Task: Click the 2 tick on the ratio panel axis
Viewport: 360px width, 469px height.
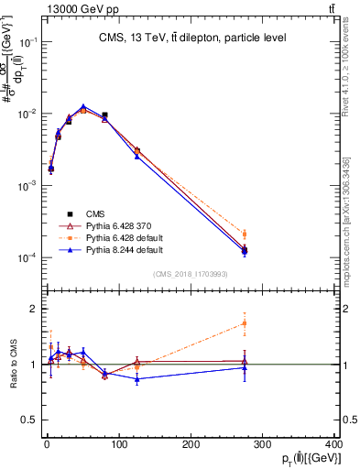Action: point(34,309)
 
